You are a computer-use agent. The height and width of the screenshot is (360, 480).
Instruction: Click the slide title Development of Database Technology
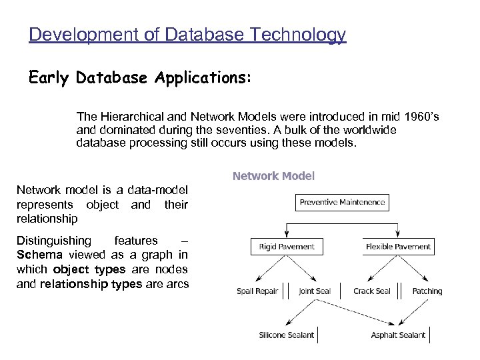coord(187,34)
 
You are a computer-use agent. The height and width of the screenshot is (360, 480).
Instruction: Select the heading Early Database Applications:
coord(140,78)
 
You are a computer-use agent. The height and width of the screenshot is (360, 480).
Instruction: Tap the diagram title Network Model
coord(273,177)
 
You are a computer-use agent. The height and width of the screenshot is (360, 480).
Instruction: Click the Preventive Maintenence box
coord(342,202)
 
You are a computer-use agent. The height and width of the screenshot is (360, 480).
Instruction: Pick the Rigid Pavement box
coord(286,247)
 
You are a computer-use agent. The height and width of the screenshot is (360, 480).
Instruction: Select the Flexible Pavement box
coord(398,247)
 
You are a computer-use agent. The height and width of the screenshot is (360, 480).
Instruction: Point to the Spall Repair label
coord(257,291)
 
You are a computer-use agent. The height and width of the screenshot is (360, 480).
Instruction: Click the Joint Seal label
coord(315,291)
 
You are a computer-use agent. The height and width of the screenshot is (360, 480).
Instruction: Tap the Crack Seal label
coord(372,291)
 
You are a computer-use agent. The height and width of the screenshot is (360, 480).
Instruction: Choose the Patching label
coord(427,291)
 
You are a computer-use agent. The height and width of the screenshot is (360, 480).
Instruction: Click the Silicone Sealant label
coord(287,335)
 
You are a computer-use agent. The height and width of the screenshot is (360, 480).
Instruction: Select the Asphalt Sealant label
coord(398,335)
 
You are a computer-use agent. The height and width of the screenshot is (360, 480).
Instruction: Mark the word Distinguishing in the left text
coord(53,240)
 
